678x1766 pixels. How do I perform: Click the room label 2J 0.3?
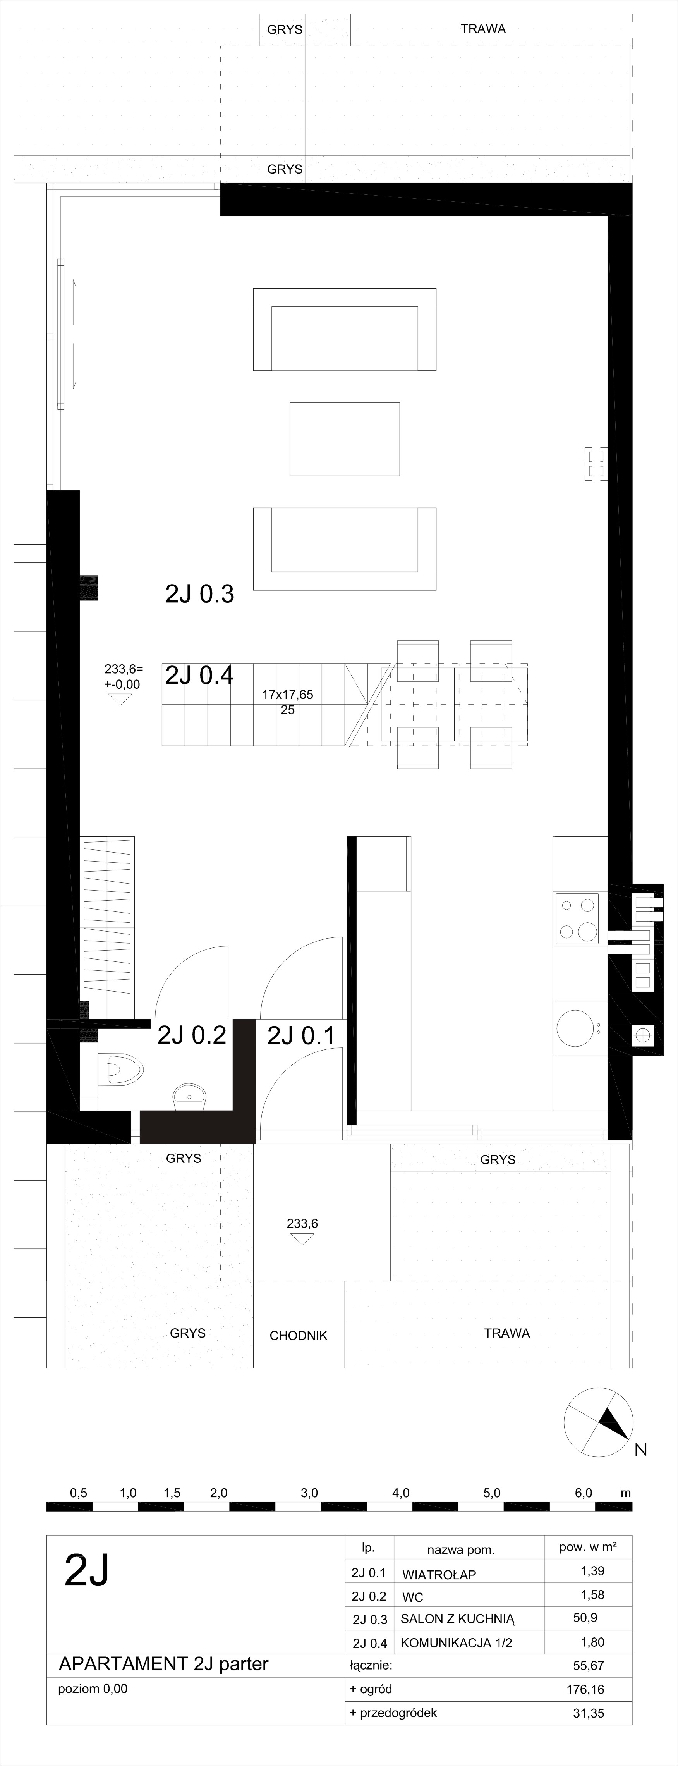199,594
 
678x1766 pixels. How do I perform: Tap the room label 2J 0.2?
192,1035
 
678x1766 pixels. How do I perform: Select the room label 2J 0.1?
301,1035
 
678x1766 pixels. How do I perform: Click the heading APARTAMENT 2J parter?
164,1664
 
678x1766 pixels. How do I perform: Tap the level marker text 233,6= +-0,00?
123,677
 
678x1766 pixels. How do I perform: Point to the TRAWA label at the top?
483,29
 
